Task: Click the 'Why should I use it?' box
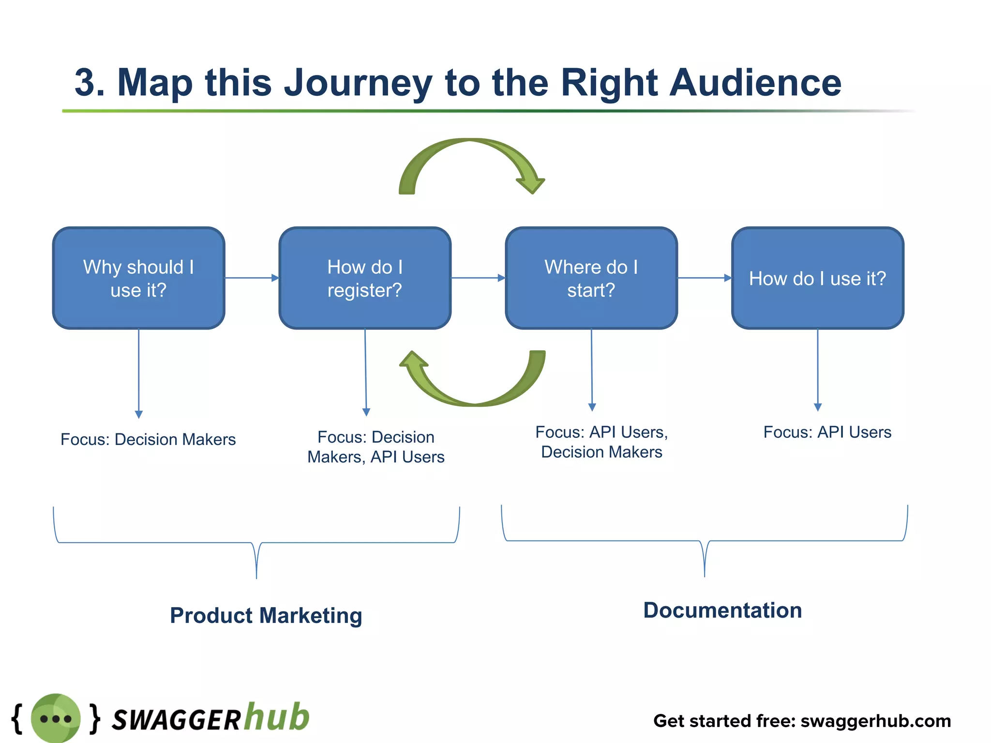[x=138, y=278]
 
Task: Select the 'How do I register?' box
[x=365, y=278]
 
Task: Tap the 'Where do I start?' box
[x=591, y=278]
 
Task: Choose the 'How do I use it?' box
[x=817, y=278]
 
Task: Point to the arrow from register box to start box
[x=478, y=278]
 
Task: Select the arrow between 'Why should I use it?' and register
[x=252, y=278]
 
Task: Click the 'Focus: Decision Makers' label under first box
[x=148, y=439]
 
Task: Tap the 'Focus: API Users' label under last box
[x=827, y=432]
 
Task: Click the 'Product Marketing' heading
[x=266, y=615]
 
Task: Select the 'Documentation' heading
[x=722, y=610]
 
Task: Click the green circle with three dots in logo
[x=56, y=718]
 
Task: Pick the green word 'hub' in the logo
[x=276, y=717]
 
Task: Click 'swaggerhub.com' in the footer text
[x=876, y=721]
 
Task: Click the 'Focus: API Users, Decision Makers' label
[x=601, y=442]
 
